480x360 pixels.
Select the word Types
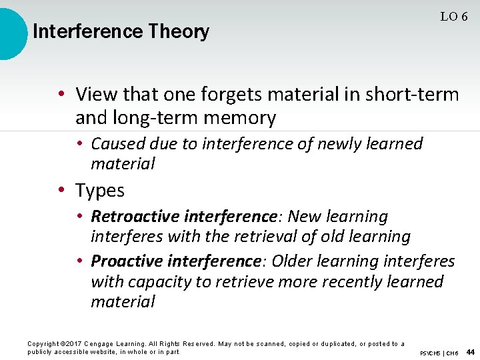[100, 191]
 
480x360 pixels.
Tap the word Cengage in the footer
[105, 344]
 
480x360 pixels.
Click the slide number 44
[470, 352]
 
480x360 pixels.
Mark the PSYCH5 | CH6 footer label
[438, 353]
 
